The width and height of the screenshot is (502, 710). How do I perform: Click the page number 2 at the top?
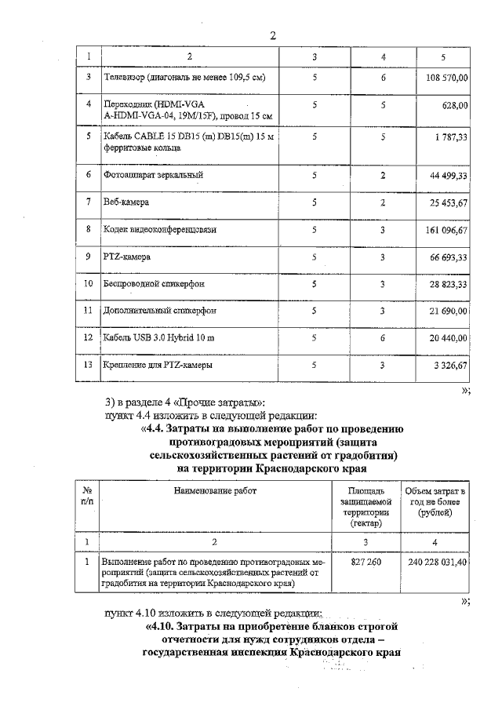point(273,36)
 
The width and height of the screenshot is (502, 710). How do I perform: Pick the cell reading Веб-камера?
point(126,202)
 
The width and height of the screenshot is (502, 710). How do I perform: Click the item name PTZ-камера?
point(126,257)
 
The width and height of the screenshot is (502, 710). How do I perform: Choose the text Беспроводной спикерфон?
point(148,283)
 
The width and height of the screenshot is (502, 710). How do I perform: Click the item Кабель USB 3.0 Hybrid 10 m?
point(158,337)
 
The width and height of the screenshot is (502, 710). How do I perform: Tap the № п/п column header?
point(88,496)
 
